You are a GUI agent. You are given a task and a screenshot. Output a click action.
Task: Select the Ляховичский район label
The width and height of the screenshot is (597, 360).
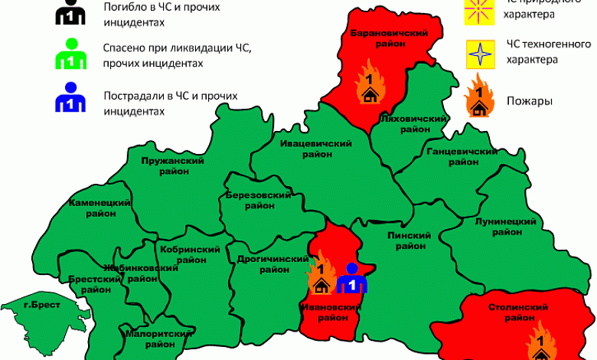(x=413, y=124)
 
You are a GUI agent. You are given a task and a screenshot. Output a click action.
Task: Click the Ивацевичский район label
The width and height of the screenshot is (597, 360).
(x=315, y=149)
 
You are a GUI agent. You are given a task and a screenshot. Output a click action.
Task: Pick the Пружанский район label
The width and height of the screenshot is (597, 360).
(x=172, y=166)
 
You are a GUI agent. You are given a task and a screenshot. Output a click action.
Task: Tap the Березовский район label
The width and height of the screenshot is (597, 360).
(x=258, y=201)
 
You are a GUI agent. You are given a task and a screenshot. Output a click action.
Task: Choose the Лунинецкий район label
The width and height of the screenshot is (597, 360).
(x=504, y=226)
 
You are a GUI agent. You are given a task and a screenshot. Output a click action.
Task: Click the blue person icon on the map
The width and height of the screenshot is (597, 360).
(x=352, y=279)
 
